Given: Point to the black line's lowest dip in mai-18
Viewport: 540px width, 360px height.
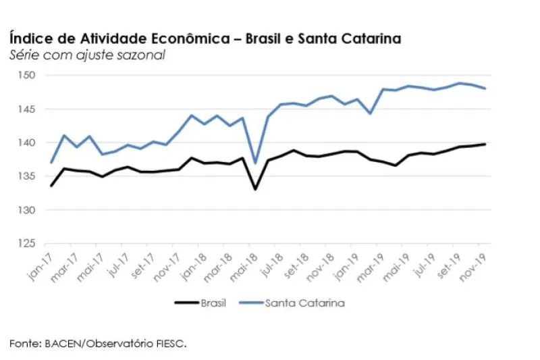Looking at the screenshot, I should [x=255, y=189].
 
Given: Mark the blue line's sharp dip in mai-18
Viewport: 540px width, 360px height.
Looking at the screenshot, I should [x=255, y=163].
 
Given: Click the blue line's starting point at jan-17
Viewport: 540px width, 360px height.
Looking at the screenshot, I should [x=51, y=163].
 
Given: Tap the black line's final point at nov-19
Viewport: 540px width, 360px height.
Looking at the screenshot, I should [x=485, y=144].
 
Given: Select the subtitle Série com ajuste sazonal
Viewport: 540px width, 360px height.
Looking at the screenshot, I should [x=87, y=55].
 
